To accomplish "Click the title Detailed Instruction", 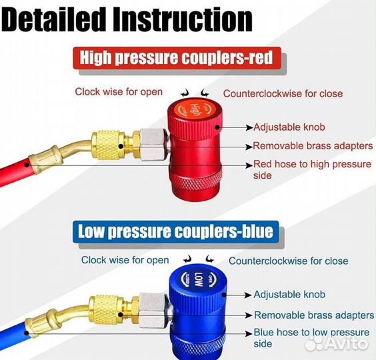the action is [x=127, y=19].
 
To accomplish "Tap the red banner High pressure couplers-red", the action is [x=177, y=58].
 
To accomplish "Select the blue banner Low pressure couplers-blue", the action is [x=176, y=231].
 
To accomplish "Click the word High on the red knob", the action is [x=195, y=110].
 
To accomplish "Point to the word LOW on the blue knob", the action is [x=198, y=279].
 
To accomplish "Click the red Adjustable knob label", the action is [x=289, y=127].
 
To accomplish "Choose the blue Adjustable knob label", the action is [x=289, y=294].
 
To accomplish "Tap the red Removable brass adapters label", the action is [x=313, y=146].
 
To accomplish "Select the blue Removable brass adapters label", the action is [x=314, y=315].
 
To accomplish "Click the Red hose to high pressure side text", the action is [x=312, y=169].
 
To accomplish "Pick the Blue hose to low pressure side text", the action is [x=311, y=338].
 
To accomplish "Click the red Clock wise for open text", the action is [x=119, y=92].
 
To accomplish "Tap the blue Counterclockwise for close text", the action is [x=289, y=261].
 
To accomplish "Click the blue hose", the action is [x=14, y=336].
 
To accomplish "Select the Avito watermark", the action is [x=337, y=342].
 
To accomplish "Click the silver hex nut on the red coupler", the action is [x=153, y=145].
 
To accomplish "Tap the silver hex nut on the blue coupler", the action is [x=153, y=311].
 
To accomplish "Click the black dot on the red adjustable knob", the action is [x=217, y=127].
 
